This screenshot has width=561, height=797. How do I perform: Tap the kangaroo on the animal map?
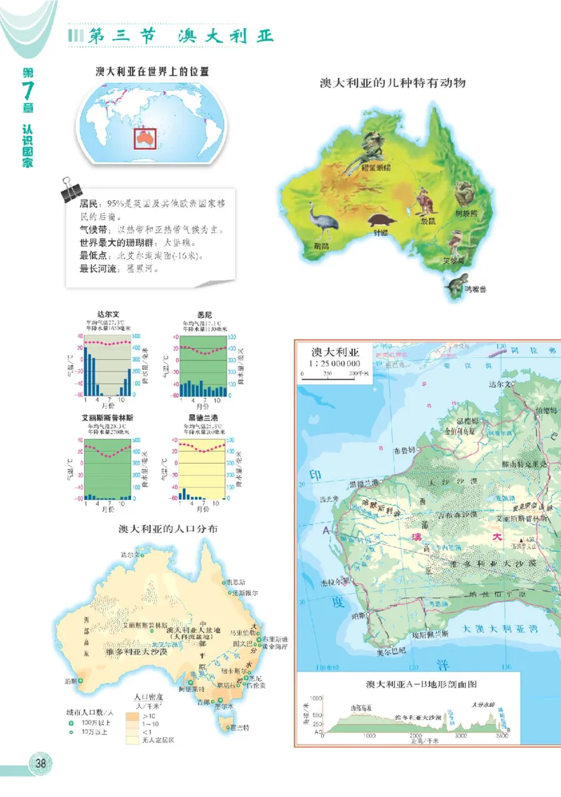(x=424, y=203)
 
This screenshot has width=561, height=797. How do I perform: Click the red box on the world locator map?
(x=144, y=137)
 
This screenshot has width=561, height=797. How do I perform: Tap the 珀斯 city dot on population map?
(x=81, y=680)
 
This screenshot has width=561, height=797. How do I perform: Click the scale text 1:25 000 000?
(x=335, y=363)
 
